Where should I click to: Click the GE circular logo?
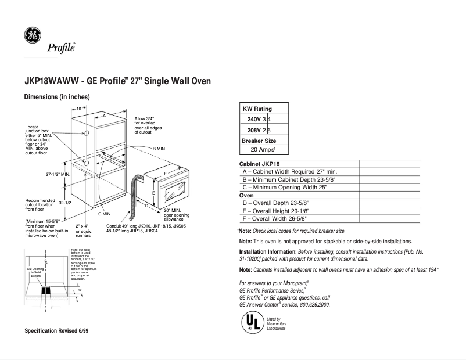click(x=32, y=36)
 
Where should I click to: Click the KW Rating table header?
click(x=256, y=109)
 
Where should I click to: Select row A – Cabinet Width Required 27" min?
click(x=289, y=172)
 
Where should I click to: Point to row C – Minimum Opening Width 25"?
click(x=285, y=188)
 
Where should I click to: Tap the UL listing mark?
click(x=250, y=321)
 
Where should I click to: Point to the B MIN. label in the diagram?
click(x=159, y=149)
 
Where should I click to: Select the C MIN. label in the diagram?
click(x=104, y=214)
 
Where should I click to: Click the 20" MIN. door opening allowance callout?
click(x=174, y=214)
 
